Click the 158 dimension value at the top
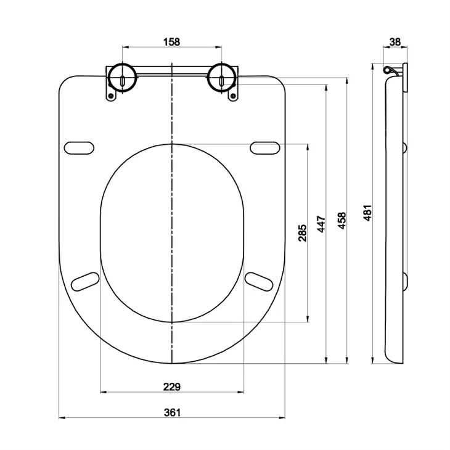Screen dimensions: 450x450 click(x=172, y=42)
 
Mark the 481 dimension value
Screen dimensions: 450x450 click(x=368, y=213)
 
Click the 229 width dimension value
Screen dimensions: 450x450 click(x=172, y=387)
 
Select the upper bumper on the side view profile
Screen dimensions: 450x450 click(x=405, y=147)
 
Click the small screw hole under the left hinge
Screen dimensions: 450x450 click(x=111, y=96)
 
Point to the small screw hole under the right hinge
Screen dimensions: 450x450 click(x=233, y=96)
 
